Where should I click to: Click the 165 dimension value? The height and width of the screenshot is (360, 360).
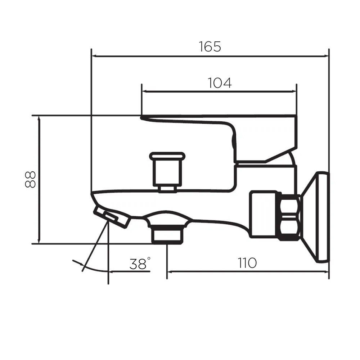coord(210,46)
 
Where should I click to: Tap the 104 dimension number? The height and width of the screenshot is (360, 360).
coord(220,83)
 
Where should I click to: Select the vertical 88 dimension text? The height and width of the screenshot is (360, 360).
coord(30,180)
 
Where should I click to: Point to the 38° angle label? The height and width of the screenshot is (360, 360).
coord(140,264)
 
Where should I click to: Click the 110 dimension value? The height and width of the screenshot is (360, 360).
coord(247,263)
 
